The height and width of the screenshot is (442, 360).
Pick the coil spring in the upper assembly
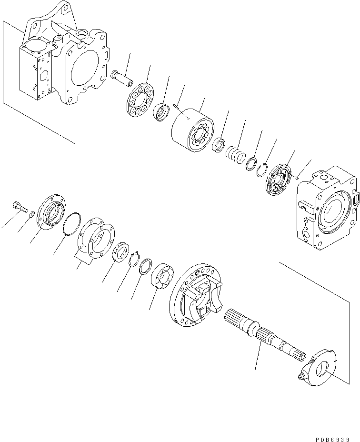coord(234,155)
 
